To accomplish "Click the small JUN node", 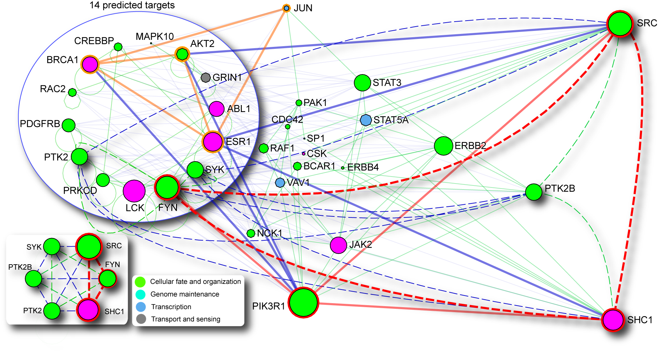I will [286, 8].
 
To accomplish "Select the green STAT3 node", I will [362, 82].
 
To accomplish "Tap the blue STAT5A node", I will [366, 120].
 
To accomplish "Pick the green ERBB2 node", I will [443, 146].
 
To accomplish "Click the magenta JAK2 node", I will [338, 245].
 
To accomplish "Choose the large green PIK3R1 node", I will [303, 302].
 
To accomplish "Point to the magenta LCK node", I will [134, 191].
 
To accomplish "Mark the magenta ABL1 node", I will [217, 109].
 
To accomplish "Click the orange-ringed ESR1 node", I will [213, 142].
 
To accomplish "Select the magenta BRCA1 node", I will [90, 64].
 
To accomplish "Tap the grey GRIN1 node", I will [206, 77].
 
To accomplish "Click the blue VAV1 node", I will [280, 182].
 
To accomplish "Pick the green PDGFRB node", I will [69, 125].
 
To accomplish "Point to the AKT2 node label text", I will [202, 44].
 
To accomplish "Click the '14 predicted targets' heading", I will [132, 5].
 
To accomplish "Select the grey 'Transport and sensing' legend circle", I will [141, 319].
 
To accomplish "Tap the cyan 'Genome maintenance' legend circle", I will [141, 295].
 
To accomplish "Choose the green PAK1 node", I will [299, 103].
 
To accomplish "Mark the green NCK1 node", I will [251, 233].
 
